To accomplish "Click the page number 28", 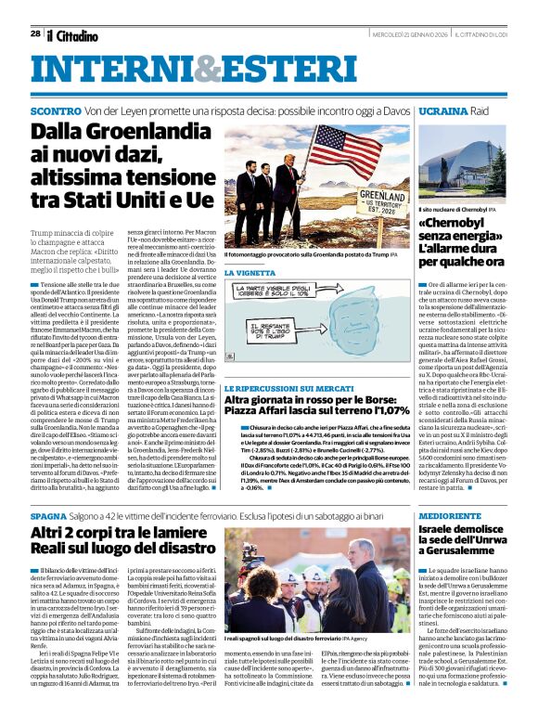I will (35, 33).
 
